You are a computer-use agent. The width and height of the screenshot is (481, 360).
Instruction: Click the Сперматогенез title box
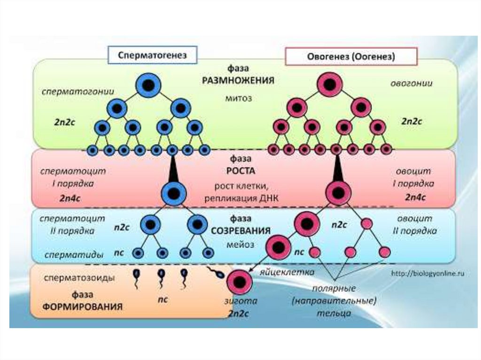coord(153,55)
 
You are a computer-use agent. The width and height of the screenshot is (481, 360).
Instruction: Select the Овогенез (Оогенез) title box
coord(351,56)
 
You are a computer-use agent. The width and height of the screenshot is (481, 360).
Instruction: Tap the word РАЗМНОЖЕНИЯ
coord(238,80)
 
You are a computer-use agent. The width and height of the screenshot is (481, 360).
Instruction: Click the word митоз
coord(239,99)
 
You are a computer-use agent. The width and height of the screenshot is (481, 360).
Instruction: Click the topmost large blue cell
coord(148,85)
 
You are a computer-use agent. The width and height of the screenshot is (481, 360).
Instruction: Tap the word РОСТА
coord(238,172)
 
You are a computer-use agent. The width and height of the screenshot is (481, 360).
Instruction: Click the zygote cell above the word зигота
coord(240,282)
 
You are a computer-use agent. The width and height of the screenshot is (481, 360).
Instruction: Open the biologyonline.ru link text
coord(428,274)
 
